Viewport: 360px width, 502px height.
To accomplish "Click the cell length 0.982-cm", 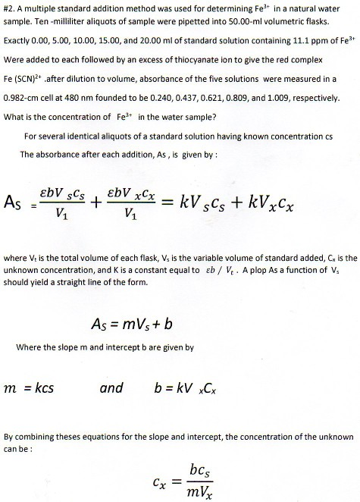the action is tap(23, 97).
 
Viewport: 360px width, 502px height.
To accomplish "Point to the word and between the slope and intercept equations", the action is tap(112, 388).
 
